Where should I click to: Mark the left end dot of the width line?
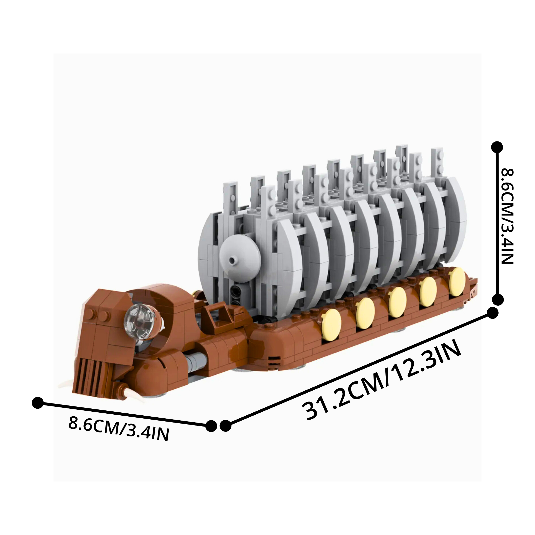38,402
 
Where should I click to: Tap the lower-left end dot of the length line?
225,426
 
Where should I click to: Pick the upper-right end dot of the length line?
492,313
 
